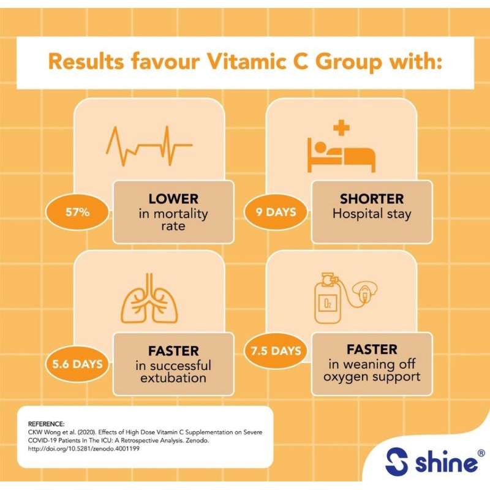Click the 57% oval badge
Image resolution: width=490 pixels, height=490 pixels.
coord(78,212)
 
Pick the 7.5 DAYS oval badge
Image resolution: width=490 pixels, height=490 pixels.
coord(277,351)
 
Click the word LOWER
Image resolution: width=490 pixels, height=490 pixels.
coord(173,199)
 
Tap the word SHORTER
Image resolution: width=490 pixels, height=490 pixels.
coord(372,199)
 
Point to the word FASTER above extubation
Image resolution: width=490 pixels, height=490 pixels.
coord(173,352)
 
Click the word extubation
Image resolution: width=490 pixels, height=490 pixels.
coord(173,378)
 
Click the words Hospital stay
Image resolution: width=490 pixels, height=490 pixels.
coord(372,214)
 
